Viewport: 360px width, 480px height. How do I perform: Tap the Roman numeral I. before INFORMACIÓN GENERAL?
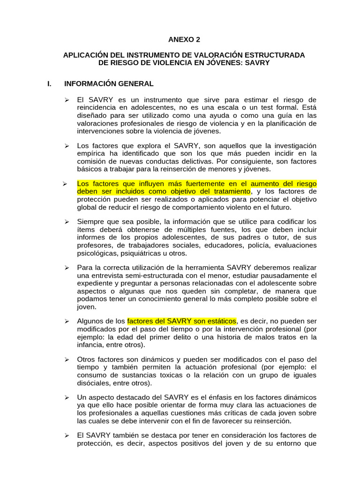click(x=50, y=84)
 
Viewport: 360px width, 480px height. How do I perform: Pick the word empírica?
click(x=91, y=153)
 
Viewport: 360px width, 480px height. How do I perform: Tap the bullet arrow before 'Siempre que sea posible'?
click(x=67, y=222)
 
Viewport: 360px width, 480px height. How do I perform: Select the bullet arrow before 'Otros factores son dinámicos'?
click(x=67, y=360)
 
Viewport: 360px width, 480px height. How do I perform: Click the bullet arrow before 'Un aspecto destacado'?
click(x=67, y=397)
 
